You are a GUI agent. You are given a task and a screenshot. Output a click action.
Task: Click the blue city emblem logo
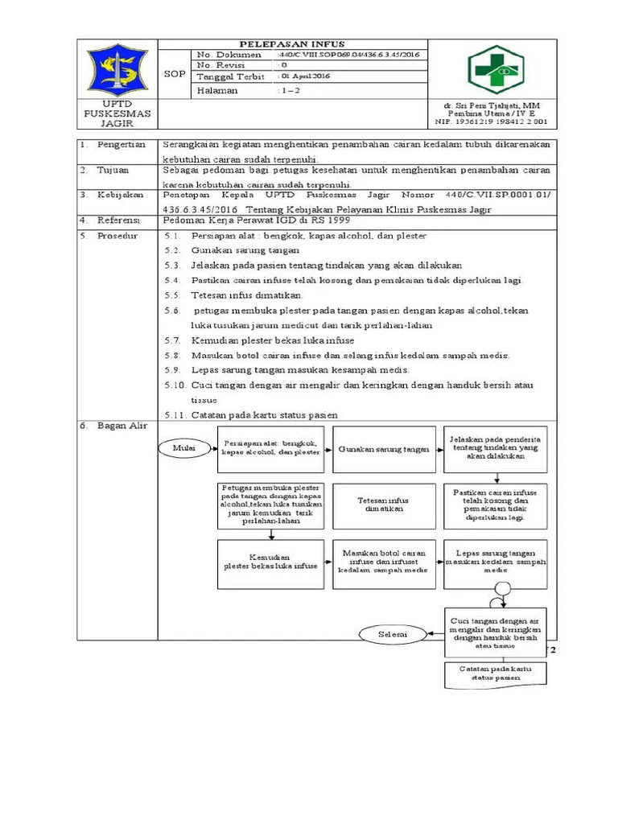click(x=117, y=71)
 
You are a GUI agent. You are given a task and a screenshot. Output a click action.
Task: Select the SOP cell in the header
click(x=175, y=73)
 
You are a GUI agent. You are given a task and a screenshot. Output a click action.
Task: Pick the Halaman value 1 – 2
click(x=287, y=91)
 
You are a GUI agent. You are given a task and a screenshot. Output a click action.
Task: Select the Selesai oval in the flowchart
click(x=393, y=635)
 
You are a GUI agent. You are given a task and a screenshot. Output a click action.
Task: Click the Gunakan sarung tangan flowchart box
click(x=384, y=450)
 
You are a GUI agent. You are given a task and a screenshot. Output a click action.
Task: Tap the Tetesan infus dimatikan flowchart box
click(x=384, y=505)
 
